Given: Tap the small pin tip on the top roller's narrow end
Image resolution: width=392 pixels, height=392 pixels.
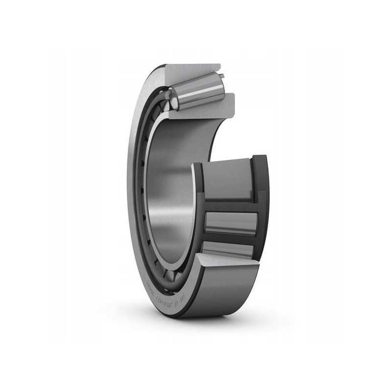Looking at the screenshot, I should (221, 75).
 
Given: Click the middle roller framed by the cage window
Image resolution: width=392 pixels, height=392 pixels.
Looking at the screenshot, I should (230, 223).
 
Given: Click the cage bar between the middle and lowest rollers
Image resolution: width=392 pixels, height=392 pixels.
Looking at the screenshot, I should (230, 239).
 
